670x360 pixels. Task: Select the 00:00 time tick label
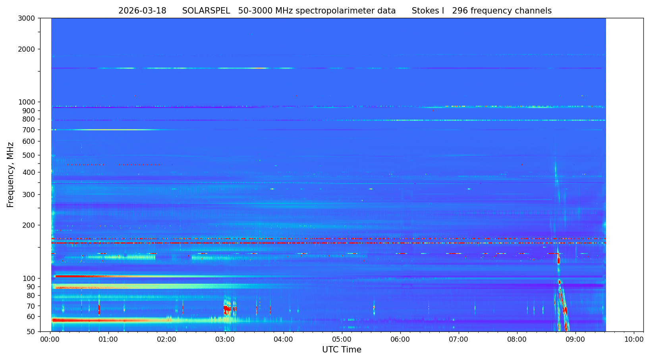(x=50, y=340)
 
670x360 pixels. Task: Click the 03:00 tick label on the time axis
(x=225, y=340)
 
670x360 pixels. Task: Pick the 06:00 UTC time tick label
(x=400, y=340)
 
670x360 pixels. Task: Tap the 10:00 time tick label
(x=634, y=340)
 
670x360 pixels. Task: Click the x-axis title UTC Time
(x=342, y=350)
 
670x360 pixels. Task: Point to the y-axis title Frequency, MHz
(x=11, y=175)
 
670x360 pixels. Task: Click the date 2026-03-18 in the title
(x=142, y=11)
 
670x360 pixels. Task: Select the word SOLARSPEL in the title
(x=206, y=11)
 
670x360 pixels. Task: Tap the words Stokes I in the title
(x=428, y=11)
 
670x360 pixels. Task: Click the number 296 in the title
(x=460, y=11)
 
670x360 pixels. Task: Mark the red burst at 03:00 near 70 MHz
(x=227, y=308)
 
